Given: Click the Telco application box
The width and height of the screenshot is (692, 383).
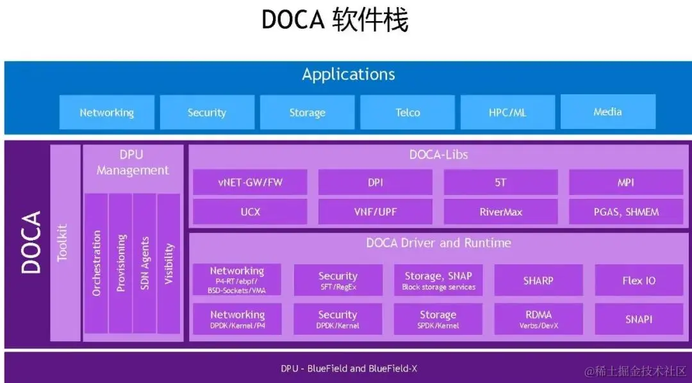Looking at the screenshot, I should (x=408, y=112).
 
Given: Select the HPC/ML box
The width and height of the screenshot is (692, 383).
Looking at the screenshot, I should (x=507, y=112).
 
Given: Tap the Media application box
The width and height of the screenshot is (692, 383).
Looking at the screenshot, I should (x=607, y=112).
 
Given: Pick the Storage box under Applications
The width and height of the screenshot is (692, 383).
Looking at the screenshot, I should (x=308, y=112).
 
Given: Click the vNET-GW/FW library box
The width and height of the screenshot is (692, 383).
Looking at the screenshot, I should (x=250, y=182).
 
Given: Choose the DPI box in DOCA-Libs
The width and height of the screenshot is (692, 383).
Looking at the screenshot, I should (x=375, y=182).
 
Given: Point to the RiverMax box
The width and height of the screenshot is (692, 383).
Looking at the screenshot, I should (x=500, y=212).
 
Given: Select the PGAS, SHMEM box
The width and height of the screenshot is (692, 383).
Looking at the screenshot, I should (x=626, y=212).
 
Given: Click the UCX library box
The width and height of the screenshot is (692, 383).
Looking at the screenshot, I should (x=250, y=212).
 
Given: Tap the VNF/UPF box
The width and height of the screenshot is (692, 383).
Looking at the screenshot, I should (x=375, y=212).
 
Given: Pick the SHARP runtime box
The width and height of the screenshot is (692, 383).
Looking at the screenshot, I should (x=538, y=280).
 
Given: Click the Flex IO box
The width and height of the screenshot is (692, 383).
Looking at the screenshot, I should (x=639, y=280).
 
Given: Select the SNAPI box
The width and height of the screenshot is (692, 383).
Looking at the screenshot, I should (x=639, y=319).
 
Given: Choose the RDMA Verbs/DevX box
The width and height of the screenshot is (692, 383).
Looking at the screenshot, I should (x=538, y=319).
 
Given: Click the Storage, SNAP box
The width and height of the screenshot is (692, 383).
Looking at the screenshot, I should (x=438, y=280).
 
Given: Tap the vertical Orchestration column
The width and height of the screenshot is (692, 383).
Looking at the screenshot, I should (x=97, y=263).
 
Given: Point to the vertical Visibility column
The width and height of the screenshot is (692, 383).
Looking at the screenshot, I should (x=169, y=263).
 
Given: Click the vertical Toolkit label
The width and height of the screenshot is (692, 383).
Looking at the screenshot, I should (x=63, y=243).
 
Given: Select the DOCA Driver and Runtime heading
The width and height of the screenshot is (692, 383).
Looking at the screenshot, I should (x=438, y=243).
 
